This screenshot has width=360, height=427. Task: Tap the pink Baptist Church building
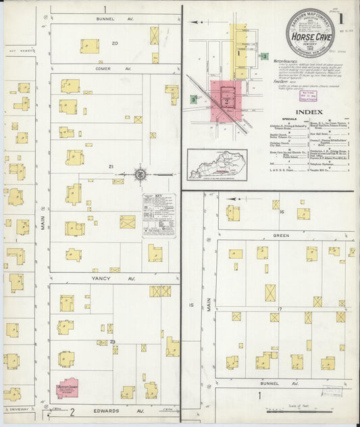[67, 388]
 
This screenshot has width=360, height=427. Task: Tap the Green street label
[280, 236]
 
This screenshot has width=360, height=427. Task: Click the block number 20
[115, 43]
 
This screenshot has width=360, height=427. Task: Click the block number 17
[279, 309]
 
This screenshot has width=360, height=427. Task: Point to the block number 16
[279, 212]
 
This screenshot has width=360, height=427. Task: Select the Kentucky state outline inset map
[217, 164]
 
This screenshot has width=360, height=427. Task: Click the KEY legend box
[159, 214]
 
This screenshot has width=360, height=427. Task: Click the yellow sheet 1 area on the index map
[240, 51]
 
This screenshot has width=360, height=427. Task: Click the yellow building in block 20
[89, 46]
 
